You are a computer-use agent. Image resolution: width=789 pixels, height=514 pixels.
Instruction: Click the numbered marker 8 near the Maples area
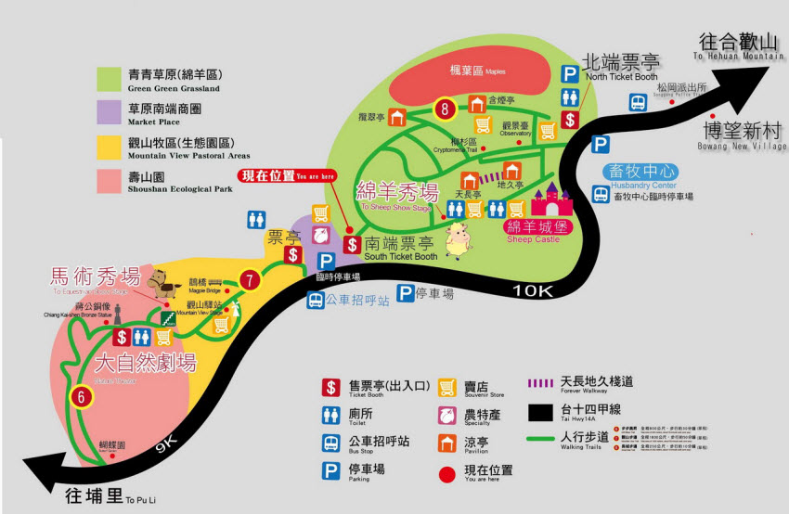(x=446, y=109)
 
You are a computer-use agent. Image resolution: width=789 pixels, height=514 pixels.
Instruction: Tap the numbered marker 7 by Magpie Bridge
(x=248, y=279)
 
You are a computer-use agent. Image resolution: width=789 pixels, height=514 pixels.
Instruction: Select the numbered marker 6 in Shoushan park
(x=83, y=396)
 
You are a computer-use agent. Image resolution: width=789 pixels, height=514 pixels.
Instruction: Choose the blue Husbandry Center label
(x=641, y=172)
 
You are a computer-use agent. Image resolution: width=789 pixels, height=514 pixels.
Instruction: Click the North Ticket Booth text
(x=620, y=63)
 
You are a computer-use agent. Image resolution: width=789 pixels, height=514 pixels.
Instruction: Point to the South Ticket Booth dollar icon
(x=352, y=244)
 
